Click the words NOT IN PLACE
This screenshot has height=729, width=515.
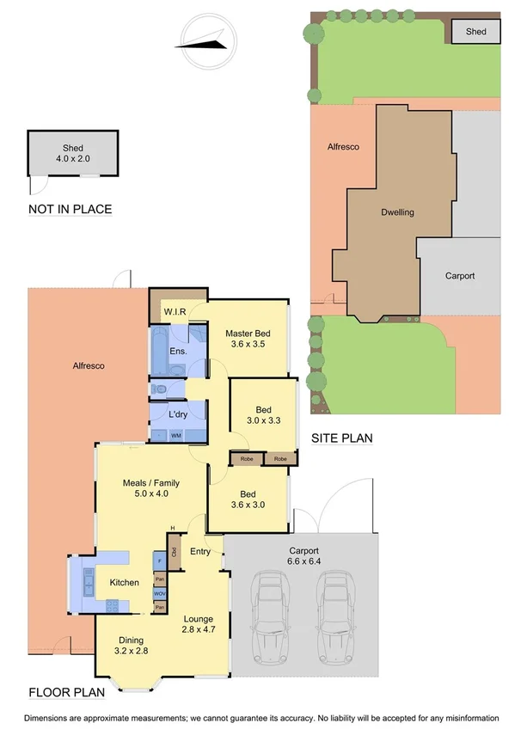[x=71, y=209]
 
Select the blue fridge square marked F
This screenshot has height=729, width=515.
[x=160, y=561]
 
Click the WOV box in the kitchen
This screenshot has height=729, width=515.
[x=160, y=593]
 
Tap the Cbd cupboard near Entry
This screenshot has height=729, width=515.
[x=174, y=548]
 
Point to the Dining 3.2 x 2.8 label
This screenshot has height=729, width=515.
[x=132, y=645]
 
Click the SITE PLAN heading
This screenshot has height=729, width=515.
[x=341, y=438]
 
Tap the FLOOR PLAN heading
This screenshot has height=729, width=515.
[x=67, y=691]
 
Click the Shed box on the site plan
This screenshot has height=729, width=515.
[x=475, y=32]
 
